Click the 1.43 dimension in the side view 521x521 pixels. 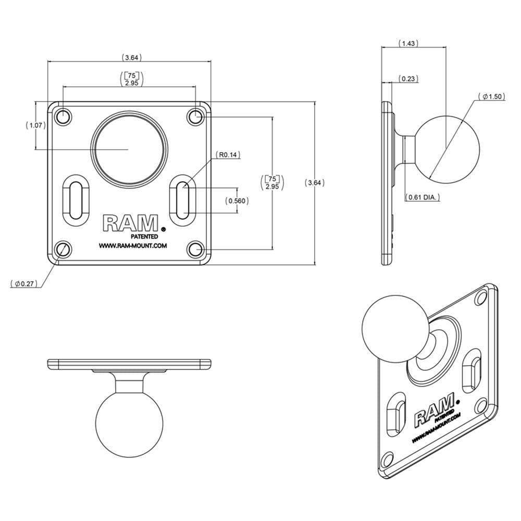pos(409,44)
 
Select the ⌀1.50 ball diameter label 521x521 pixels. pos(491,97)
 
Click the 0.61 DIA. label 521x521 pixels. pos(423,197)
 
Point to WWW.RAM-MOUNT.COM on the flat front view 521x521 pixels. pos(133,246)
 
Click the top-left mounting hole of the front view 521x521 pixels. pos(63,116)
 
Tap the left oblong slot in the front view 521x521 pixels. pos(76,199)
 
